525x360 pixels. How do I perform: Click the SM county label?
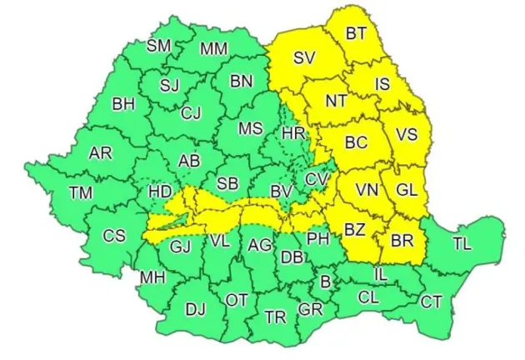click(x=159, y=46)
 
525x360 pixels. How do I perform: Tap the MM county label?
click(x=214, y=49)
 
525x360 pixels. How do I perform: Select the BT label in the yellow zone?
click(x=357, y=33)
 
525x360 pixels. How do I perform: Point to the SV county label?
click(x=304, y=58)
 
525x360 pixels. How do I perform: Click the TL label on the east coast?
click(x=462, y=244)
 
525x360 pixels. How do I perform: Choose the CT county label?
click(x=431, y=302)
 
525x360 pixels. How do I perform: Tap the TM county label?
click(x=81, y=192)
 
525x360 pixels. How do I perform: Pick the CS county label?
click(x=114, y=236)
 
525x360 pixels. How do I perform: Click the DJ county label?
click(x=195, y=310)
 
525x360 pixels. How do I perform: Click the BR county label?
click(x=402, y=240)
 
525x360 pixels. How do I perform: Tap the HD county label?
click(x=159, y=192)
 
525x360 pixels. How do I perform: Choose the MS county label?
click(x=251, y=129)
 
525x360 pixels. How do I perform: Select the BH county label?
click(x=123, y=105)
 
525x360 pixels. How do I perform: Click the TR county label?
click(x=275, y=317)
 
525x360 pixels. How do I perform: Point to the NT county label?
click(x=336, y=101)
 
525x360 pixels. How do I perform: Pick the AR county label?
click(x=100, y=153)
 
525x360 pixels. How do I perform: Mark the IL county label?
click(x=380, y=272)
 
